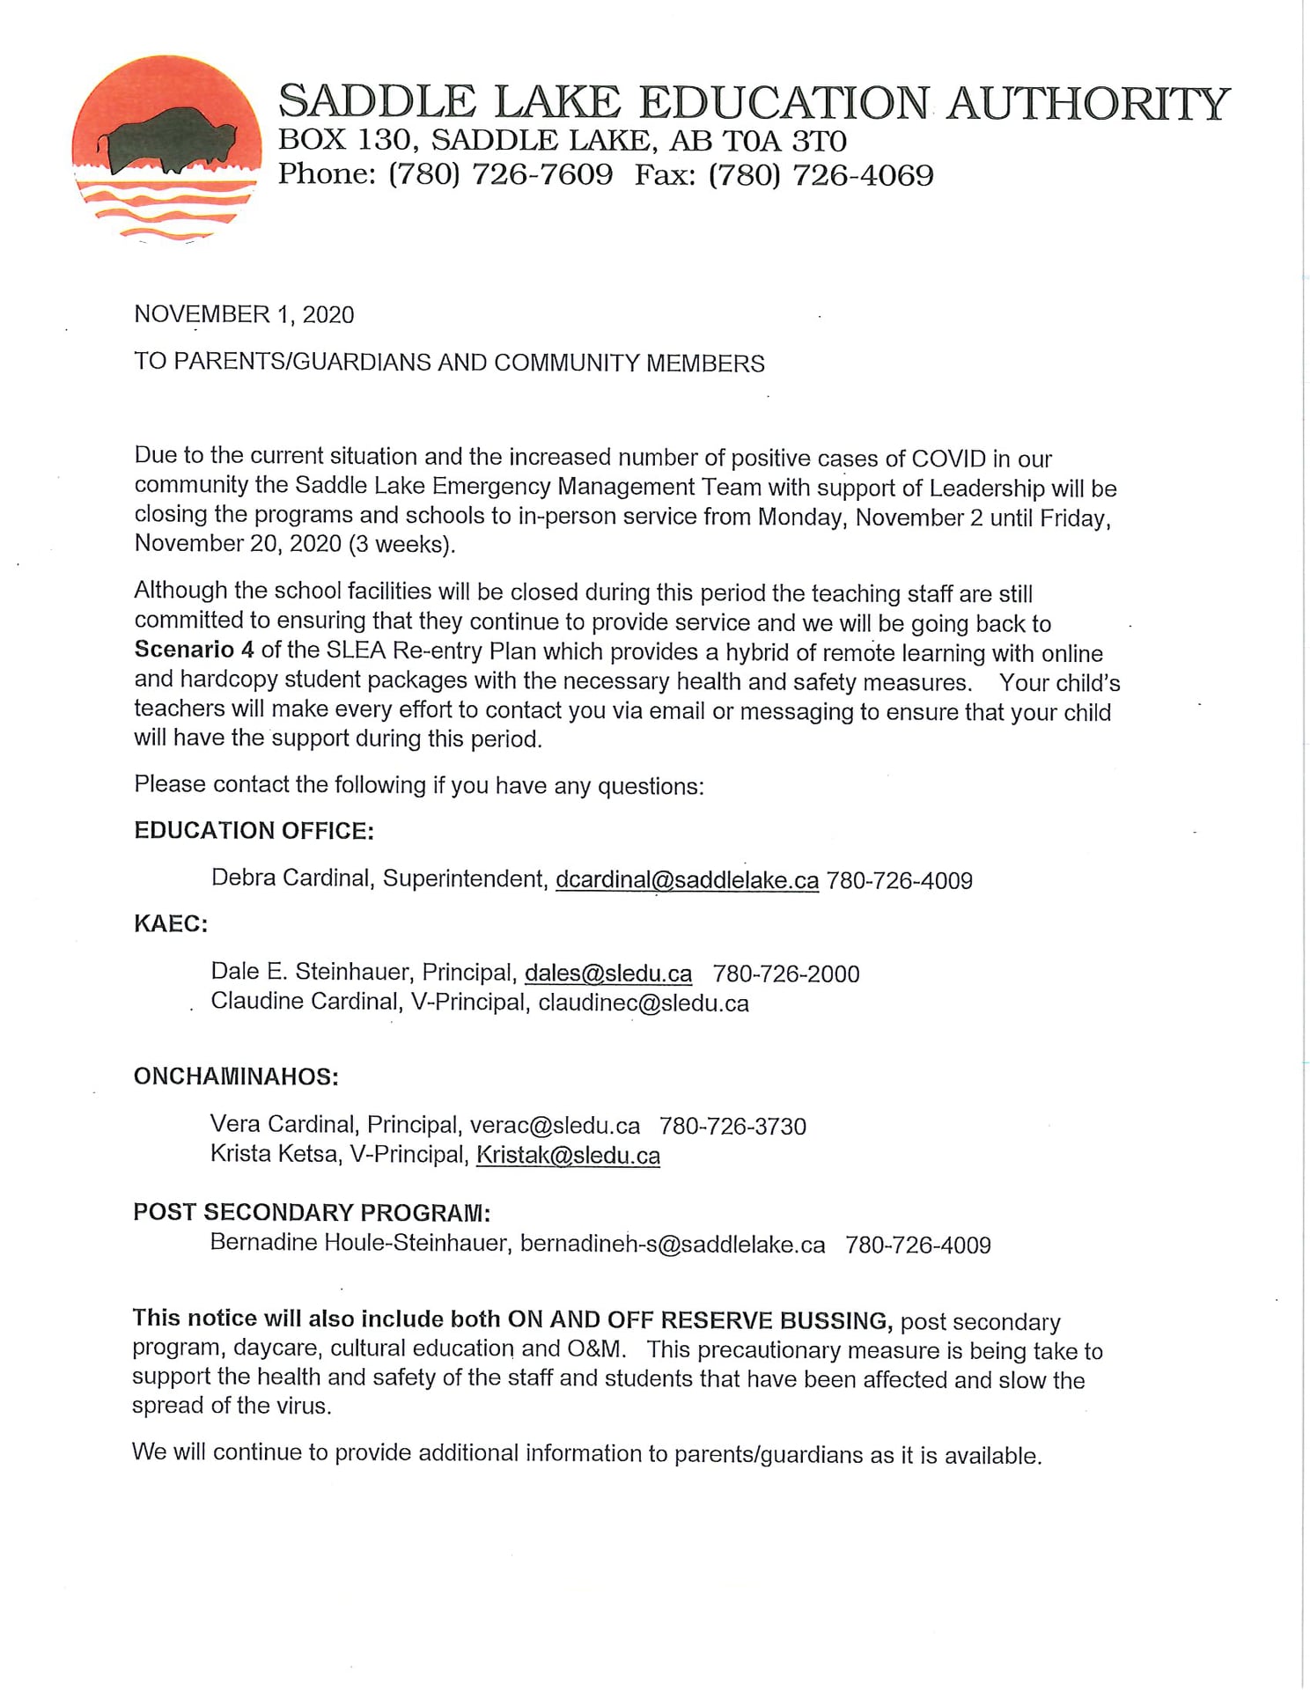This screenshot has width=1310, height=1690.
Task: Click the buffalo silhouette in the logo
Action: coord(167,138)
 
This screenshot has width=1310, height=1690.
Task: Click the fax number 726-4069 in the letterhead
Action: coord(863,175)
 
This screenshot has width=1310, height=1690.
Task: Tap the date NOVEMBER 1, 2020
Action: coord(244,315)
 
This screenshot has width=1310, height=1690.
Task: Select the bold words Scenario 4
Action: coord(194,650)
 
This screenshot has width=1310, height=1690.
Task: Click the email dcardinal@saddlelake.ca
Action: coord(687,880)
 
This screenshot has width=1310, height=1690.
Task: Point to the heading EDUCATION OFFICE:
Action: coord(254,831)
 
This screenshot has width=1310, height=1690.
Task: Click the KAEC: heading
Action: coord(171,924)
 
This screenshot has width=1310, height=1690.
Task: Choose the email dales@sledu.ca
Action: coord(608,974)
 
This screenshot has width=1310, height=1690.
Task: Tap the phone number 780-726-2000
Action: coord(786,974)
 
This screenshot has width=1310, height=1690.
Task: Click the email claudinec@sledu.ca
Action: coord(644,1003)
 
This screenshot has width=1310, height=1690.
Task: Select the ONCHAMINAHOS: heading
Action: coord(236,1076)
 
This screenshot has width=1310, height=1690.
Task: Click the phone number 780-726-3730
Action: coord(732,1127)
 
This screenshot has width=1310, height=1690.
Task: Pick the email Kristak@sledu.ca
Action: coord(568,1156)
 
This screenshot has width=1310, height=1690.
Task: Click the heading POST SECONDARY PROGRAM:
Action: coord(312,1212)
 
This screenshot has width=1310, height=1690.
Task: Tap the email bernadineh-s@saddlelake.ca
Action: coord(673,1245)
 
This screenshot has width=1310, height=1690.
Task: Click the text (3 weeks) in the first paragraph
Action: coord(402,544)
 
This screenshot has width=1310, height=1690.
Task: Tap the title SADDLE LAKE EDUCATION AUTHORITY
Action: coord(754,103)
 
